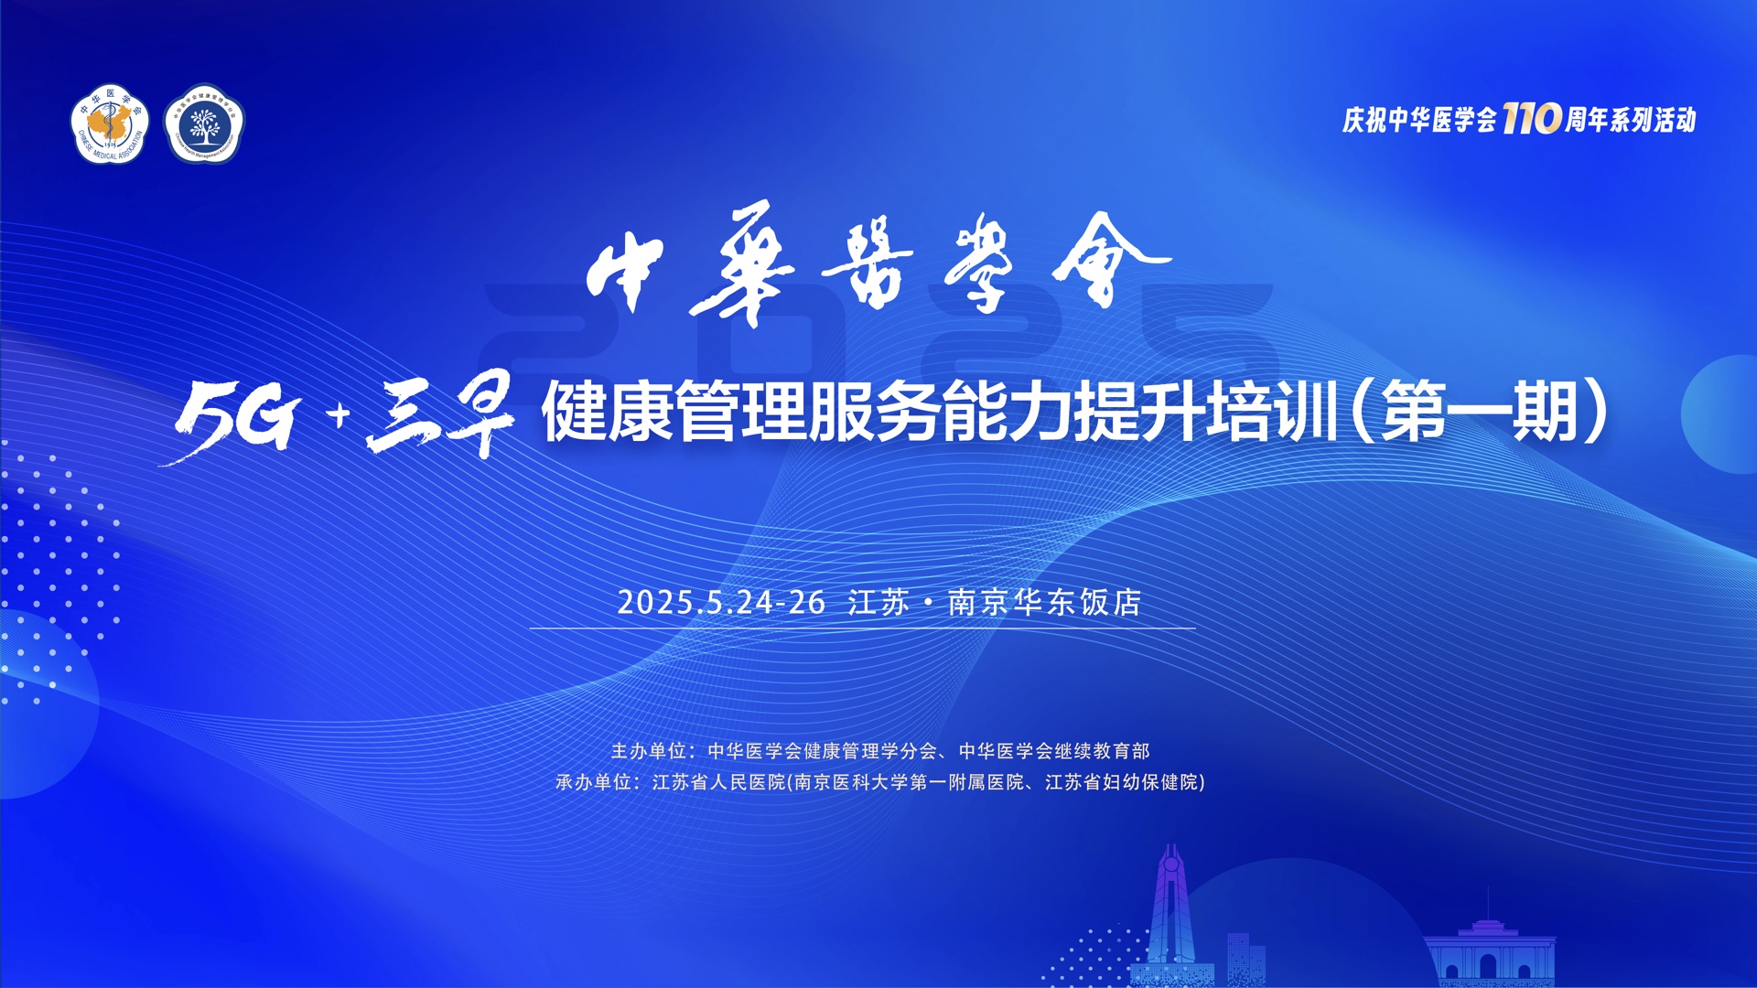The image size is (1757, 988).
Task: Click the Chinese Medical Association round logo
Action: coord(110,124)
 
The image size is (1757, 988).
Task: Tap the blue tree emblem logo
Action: coord(204,124)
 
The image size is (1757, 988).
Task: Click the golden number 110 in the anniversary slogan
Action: coord(1531,118)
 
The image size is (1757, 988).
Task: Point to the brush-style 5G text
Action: coord(233,418)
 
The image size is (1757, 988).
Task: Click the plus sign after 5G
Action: coord(340,416)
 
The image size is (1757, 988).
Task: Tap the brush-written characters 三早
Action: coord(441,413)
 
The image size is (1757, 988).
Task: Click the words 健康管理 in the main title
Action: coord(674,412)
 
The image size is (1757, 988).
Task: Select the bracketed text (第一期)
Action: coord(1479,412)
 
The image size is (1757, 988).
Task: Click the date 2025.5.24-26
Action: coord(721,602)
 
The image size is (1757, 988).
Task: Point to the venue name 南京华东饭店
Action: coord(1044,602)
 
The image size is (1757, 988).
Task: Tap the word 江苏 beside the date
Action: coord(878,602)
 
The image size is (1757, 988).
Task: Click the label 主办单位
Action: coord(648,751)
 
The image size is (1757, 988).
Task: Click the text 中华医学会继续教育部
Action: coord(1054,751)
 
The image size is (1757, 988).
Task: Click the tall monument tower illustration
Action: coord(1170,915)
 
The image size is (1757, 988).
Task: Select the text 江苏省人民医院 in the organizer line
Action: coord(719,782)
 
